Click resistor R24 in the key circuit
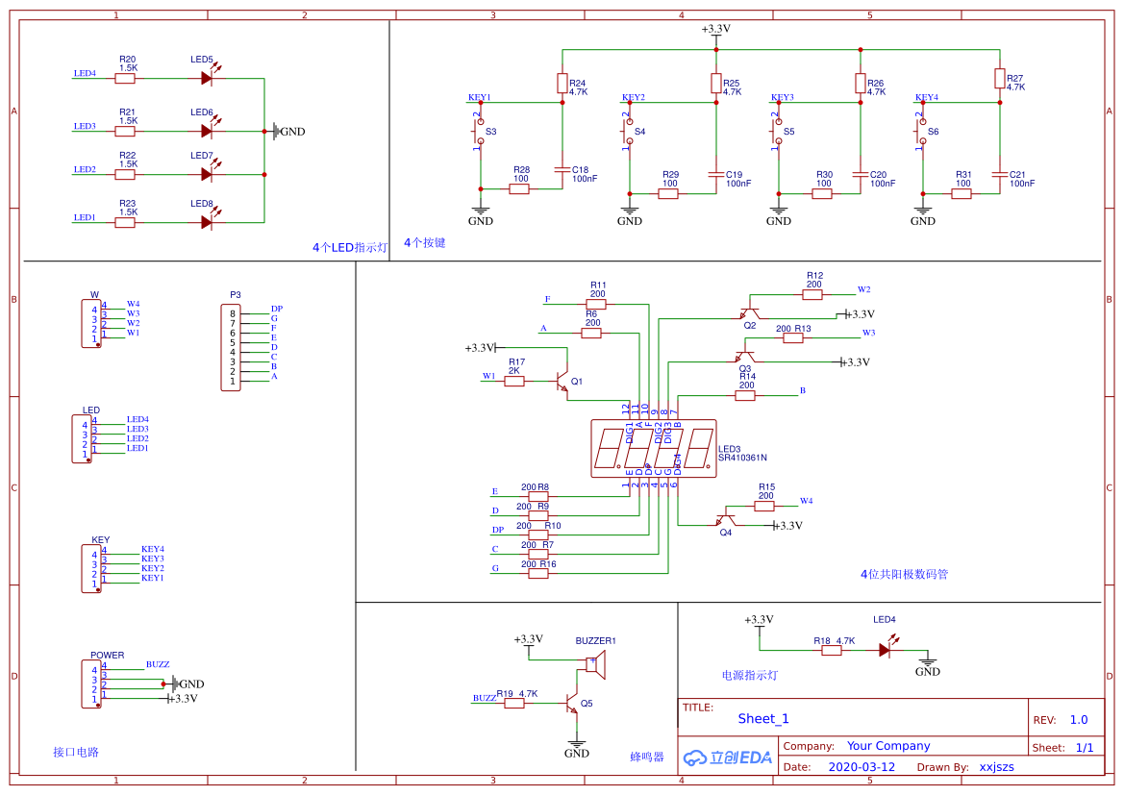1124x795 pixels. tap(562, 84)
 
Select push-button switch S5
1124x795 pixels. tap(778, 131)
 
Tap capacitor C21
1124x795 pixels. tap(1000, 175)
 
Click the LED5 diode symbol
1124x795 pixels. tap(206, 78)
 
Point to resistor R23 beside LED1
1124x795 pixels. tap(125, 222)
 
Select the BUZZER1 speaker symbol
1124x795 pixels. tap(595, 664)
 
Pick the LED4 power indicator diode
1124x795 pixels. tap(885, 650)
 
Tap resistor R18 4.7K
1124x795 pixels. tap(832, 650)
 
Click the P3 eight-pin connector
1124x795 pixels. tap(231, 347)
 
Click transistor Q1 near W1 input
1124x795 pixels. tap(562, 382)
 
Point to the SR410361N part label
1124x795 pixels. tap(743, 458)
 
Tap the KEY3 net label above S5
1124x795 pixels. tap(783, 97)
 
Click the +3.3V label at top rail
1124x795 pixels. tap(715, 29)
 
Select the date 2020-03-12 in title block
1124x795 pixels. tap(861, 767)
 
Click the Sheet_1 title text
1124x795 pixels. tap(763, 718)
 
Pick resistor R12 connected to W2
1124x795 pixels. tap(813, 294)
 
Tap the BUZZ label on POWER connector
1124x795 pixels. tap(158, 664)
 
